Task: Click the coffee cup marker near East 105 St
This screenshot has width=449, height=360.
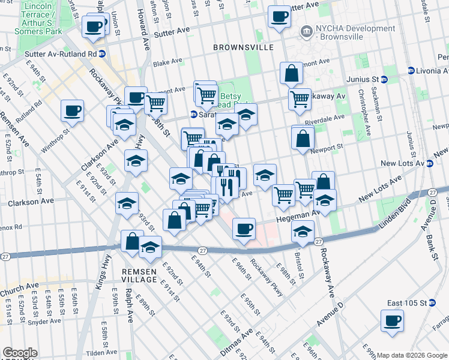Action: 392,320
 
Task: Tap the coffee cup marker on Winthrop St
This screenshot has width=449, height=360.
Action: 72,111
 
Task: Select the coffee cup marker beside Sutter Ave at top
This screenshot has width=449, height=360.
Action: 279,17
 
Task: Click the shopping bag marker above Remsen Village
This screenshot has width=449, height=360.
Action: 132,241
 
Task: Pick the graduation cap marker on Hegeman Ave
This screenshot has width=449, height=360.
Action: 304,230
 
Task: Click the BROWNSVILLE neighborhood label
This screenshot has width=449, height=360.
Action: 244,47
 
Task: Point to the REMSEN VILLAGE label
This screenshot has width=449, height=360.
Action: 143,275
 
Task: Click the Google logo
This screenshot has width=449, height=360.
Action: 20,353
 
